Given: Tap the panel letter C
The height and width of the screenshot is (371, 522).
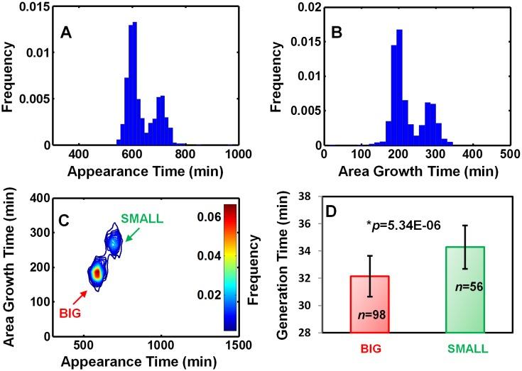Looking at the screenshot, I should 63,220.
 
